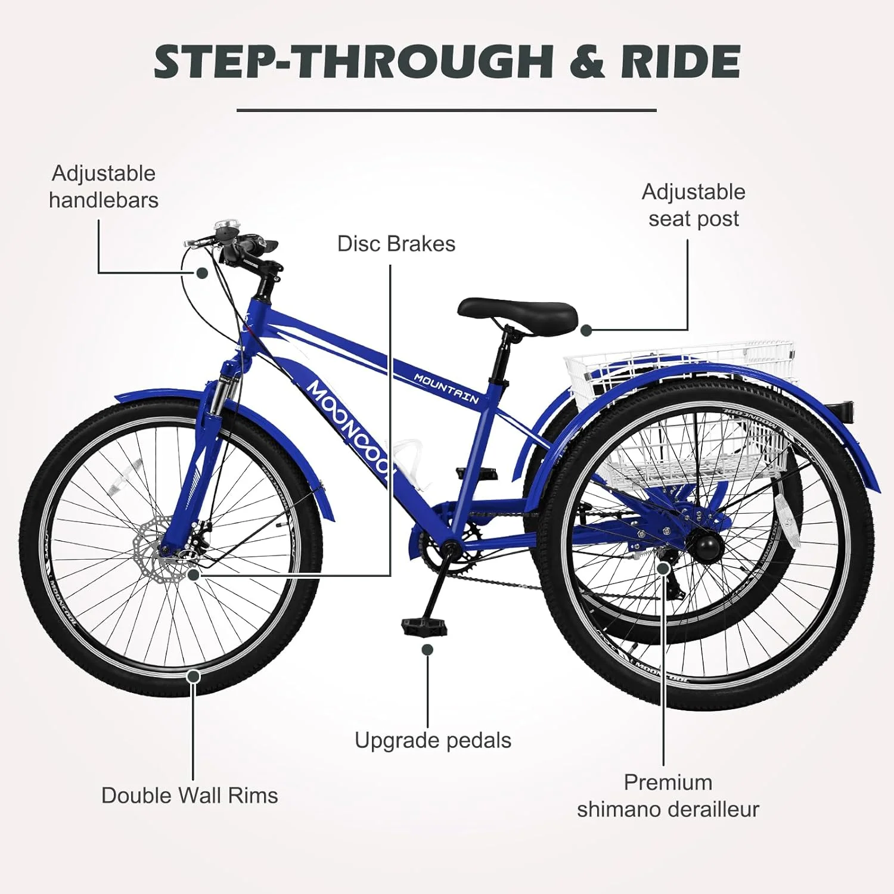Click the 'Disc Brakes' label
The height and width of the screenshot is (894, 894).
pos(396,244)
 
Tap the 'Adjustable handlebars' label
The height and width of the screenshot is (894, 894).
pos(104,187)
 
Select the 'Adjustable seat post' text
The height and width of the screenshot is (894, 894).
pos(694,206)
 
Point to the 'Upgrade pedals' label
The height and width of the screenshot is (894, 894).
pos(433,740)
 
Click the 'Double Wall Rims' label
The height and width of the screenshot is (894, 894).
pos(190,796)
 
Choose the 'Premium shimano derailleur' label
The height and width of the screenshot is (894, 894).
pos(668,796)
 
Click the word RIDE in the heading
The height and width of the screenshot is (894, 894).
pos(681,61)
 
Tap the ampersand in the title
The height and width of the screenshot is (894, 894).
pos(589,62)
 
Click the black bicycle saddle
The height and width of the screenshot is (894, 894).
pos(517,314)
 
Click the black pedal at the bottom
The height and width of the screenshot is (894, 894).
pos(424,626)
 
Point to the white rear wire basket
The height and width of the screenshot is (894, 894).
pos(679,411)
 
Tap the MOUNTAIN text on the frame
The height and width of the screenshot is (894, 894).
pos(446,389)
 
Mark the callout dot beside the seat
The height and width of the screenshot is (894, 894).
pos(586,330)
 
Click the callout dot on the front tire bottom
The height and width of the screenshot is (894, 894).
pos(193,676)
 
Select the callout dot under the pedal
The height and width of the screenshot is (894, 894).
pos(427,650)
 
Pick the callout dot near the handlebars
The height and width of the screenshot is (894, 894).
pos(202,273)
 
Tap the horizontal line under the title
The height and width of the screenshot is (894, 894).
pos(446,110)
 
